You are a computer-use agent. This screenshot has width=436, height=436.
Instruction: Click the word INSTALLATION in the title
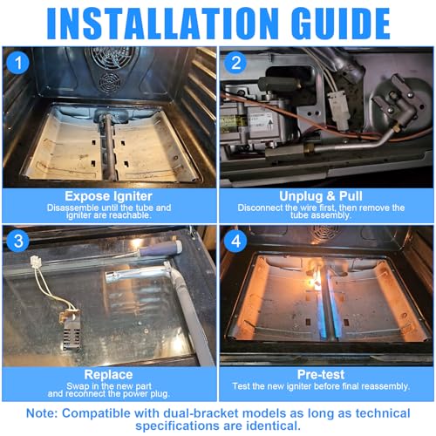(x=162, y=24)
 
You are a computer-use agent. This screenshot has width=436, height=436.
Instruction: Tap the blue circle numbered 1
(x=18, y=63)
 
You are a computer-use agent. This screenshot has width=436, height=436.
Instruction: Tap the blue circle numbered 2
(x=235, y=63)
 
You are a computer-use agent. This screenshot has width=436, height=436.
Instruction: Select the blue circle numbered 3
(x=18, y=242)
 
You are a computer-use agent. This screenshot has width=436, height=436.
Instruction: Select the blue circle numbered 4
(x=235, y=242)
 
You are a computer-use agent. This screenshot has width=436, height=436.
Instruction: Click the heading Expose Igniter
(x=108, y=196)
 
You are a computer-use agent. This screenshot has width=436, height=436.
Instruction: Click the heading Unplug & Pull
(x=321, y=196)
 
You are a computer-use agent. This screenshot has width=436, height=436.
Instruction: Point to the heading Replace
(x=108, y=375)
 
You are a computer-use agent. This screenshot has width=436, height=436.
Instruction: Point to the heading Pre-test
(x=321, y=374)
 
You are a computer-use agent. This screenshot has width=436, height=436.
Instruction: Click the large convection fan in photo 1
(x=112, y=57)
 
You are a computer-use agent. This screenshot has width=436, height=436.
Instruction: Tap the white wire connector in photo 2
(x=338, y=111)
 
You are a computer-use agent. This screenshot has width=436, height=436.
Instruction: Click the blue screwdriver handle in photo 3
(x=160, y=249)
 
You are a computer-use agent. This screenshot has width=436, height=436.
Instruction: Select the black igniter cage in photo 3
(x=71, y=332)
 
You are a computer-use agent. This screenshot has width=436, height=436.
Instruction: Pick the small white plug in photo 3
(x=36, y=261)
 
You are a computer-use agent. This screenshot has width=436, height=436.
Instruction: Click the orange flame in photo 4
(x=317, y=281)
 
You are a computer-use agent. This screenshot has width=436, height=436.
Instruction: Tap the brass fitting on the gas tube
(x=309, y=148)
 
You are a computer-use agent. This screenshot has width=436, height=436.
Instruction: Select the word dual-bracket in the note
(x=201, y=413)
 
